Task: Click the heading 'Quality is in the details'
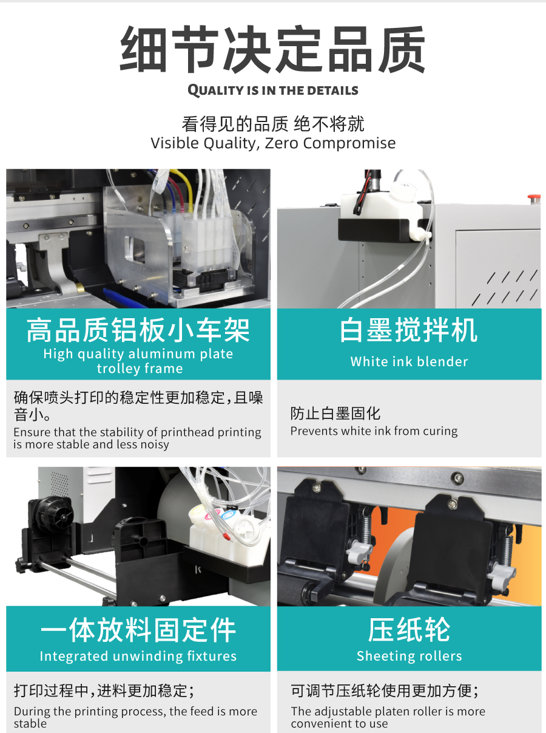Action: click(x=273, y=90)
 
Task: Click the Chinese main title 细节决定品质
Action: click(x=272, y=49)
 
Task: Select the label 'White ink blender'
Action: click(x=409, y=362)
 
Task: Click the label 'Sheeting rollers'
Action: click(x=409, y=656)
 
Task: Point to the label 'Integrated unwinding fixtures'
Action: click(x=138, y=656)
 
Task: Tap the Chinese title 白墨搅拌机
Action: click(x=409, y=330)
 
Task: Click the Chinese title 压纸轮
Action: click(x=409, y=630)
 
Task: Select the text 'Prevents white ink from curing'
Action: click(x=374, y=431)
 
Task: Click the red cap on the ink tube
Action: click(x=226, y=537)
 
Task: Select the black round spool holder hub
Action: click(x=55, y=515)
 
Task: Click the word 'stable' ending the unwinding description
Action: click(x=30, y=724)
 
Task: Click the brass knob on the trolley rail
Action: click(x=80, y=287)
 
